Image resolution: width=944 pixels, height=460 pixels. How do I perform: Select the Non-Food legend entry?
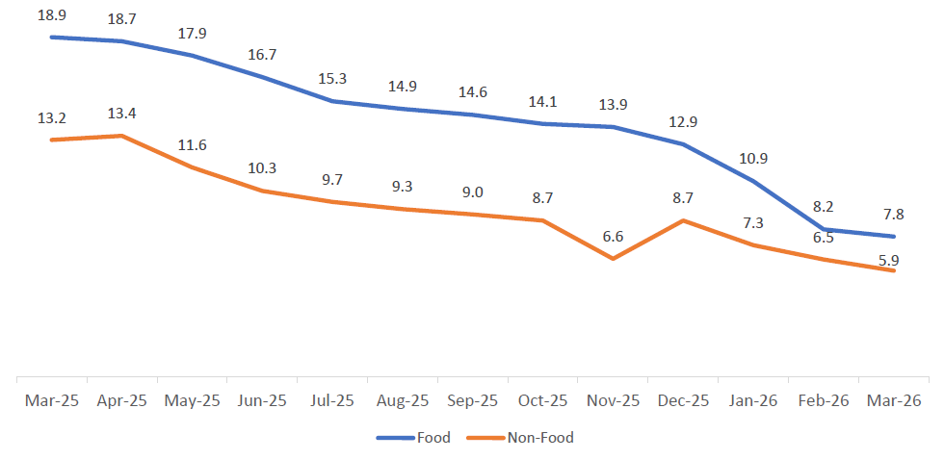(520, 438)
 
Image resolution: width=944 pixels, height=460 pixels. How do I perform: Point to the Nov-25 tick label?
(613, 400)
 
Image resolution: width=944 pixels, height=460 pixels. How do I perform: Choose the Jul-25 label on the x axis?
(331, 400)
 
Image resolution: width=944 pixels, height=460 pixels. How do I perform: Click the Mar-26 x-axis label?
(895, 400)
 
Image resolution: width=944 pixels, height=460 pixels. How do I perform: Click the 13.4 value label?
(121, 114)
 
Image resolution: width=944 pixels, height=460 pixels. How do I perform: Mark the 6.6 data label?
(613, 237)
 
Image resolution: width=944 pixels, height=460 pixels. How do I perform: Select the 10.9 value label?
(754, 159)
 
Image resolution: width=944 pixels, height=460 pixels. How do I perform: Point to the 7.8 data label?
(895, 214)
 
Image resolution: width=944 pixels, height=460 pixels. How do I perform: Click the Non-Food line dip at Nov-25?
(613, 258)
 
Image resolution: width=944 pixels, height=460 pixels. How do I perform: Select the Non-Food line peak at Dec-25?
(683, 220)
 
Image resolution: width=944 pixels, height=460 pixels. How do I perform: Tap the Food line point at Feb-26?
(825, 229)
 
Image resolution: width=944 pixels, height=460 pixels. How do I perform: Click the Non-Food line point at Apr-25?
(121, 136)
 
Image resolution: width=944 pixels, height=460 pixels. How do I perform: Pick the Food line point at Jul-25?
(332, 100)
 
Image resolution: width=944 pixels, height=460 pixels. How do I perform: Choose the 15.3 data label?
(332, 78)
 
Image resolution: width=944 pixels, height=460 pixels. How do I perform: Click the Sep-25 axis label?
(472, 400)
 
